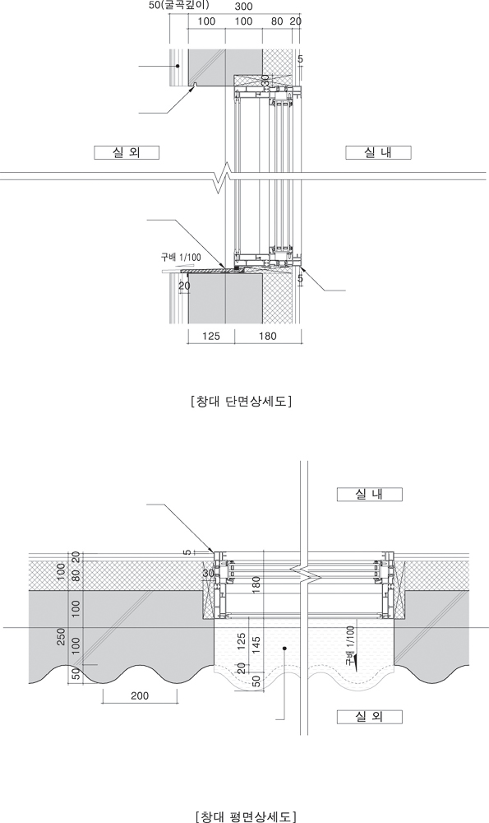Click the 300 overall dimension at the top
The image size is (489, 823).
point(243,7)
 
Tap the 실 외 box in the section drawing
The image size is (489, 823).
point(127,153)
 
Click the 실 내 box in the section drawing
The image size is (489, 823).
point(378,153)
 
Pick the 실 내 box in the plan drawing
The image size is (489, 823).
point(370,495)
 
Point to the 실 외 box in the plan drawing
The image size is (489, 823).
point(370,717)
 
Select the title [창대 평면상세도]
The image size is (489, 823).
point(245,816)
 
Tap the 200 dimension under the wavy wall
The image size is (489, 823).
point(140,696)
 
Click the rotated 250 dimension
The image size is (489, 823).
point(62,637)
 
